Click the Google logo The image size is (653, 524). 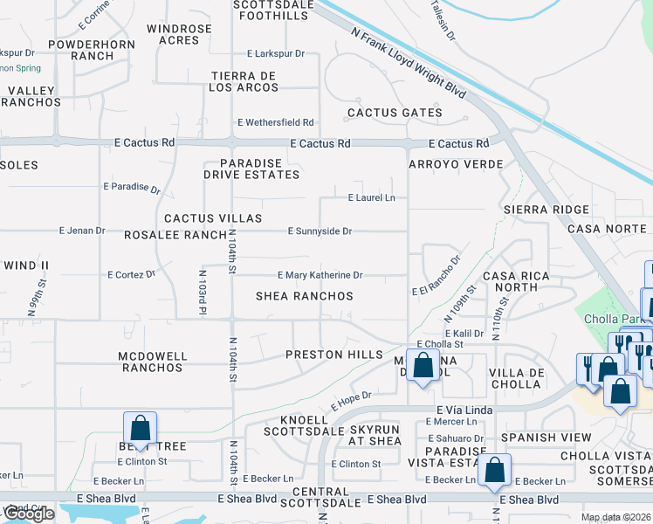point(29,514)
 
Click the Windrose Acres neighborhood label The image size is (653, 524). point(179,34)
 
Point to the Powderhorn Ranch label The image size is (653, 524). point(81,50)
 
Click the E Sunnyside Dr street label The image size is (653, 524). point(320,231)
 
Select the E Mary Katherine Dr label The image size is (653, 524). point(320,275)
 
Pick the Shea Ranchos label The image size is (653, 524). point(304,296)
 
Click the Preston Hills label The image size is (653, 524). point(334,355)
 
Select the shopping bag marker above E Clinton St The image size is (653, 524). point(140,429)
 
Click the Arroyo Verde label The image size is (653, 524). point(456,164)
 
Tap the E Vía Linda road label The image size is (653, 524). point(464,410)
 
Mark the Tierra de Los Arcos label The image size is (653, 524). point(244,82)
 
